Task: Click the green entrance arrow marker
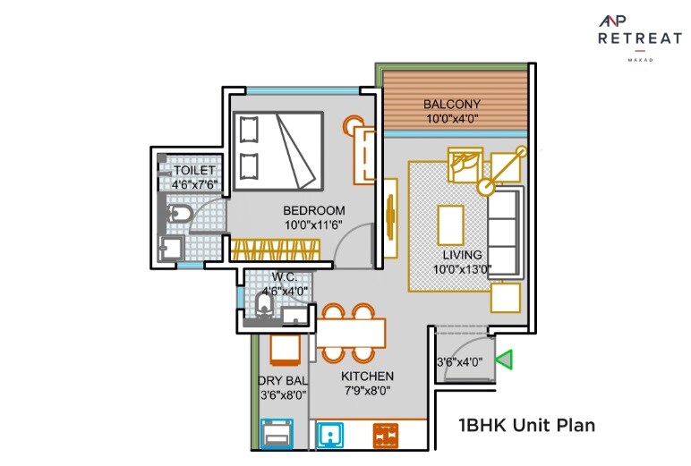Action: pyautogui.click(x=505, y=360)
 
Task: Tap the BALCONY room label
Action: pyautogui.click(x=452, y=104)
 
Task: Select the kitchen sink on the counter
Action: pyautogui.click(x=333, y=436)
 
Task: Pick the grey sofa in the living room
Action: pyautogui.click(x=504, y=232)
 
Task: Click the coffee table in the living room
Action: pyautogui.click(x=450, y=225)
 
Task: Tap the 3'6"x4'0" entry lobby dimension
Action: pyautogui.click(x=459, y=362)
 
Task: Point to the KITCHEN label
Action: pyautogui.click(x=367, y=377)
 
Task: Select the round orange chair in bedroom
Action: pyautogui.click(x=354, y=126)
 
